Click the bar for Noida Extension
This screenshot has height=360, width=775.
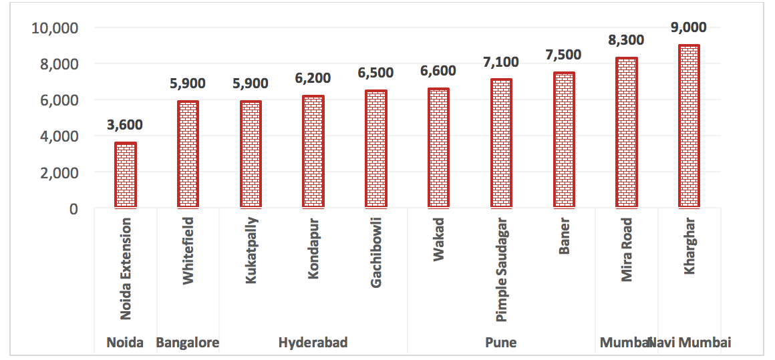coord(126,175)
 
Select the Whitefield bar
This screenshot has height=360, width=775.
coord(188,154)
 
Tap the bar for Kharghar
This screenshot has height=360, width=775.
coord(688,126)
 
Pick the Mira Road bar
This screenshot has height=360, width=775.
coord(627,133)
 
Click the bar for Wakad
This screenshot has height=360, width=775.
coord(438,148)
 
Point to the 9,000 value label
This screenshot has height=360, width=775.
coord(688,27)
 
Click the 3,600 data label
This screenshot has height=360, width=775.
coord(126,125)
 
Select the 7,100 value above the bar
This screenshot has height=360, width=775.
coord(501,62)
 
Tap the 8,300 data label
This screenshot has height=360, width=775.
coord(627,40)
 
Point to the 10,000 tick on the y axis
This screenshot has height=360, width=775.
coord(55,28)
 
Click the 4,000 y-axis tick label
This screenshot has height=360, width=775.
coord(59,136)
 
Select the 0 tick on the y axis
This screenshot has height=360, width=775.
coord(72,208)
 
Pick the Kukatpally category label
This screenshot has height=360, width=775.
coord(251,250)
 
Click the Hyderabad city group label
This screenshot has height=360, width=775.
coord(313,343)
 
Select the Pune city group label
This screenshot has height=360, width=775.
coord(500,343)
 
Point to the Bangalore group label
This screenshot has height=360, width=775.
coord(188,343)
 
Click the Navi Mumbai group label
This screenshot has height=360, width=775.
coord(691,343)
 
